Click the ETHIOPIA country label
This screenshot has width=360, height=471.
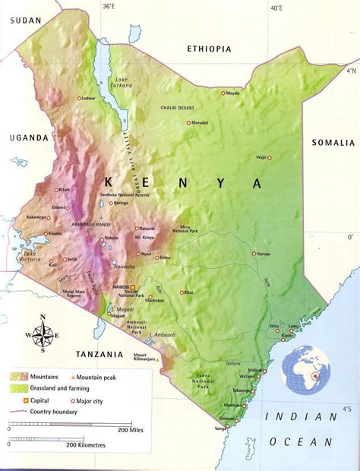click(x=209, y=49)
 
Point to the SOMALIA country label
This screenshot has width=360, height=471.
click(x=333, y=143)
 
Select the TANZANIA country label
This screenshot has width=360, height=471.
click(x=99, y=354)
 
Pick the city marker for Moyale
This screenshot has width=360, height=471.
click(x=223, y=93)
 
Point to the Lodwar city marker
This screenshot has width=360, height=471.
click(x=81, y=99)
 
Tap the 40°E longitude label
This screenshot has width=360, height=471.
click(x=276, y=8)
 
